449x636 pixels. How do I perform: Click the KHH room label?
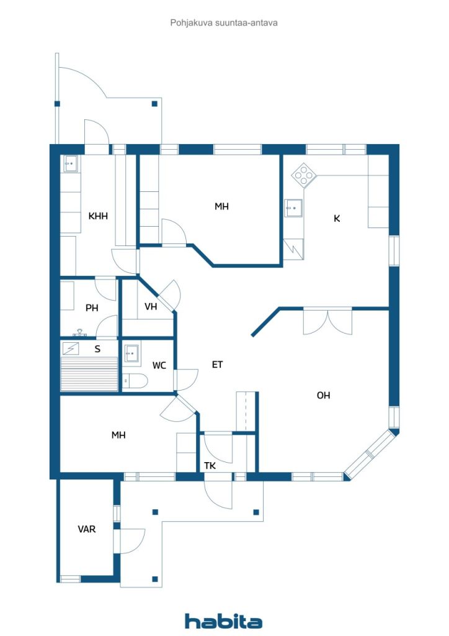click(x=98, y=216)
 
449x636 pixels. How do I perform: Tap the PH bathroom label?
click(x=92, y=308)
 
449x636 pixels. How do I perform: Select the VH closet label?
click(x=151, y=306)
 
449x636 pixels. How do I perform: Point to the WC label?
click(x=159, y=365)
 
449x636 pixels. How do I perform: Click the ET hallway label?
click(x=218, y=365)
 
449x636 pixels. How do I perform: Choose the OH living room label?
click(x=324, y=395)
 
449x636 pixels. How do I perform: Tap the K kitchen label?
click(x=337, y=219)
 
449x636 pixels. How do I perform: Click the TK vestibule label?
click(x=210, y=466)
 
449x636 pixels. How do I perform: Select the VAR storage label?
click(x=87, y=529)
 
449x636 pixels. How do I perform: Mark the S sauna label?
click(x=97, y=349)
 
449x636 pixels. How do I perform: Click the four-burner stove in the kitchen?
click(x=305, y=175)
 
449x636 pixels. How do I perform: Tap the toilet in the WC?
click(x=135, y=381)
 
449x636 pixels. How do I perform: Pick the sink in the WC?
click(x=131, y=355)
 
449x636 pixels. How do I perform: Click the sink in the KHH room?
click(x=71, y=163)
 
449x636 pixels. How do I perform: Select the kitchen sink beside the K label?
click(x=293, y=208)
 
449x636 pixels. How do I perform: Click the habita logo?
click(x=223, y=621)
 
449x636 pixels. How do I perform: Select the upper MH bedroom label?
click(x=221, y=206)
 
